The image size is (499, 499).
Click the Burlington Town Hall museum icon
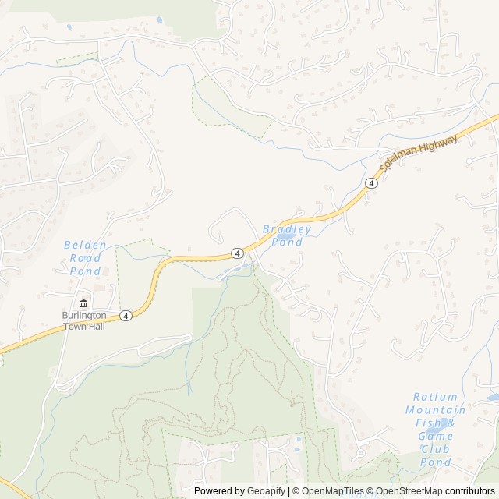click(83, 303)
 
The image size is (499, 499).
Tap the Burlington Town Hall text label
click(83, 321)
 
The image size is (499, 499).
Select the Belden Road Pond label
click(85, 258)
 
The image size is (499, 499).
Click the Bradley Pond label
click(286, 235)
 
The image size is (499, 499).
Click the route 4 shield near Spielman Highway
click(371, 183)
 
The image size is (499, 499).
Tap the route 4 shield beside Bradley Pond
click(235, 253)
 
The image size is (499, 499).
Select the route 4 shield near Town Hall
click(126, 316)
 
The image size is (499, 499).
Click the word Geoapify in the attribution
click(265, 491)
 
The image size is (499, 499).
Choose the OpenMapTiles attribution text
click(330, 491)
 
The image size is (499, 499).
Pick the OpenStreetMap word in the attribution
click(411, 491)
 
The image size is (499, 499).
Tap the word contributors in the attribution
click(472, 491)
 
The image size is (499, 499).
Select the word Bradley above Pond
click(288, 229)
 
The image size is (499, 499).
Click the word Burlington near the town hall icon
click(83, 316)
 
